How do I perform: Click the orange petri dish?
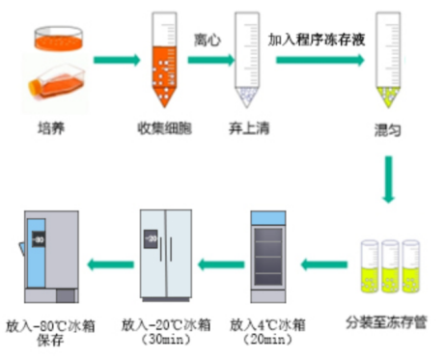pos(58,39)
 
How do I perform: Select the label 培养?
pos(51,128)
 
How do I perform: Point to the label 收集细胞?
pos(164,128)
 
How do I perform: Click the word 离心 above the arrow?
pos(208,41)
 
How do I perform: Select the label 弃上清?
pos(249,128)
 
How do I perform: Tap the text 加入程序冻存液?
pos(317,40)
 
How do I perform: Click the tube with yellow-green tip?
pos(388,60)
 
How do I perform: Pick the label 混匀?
pos(387,130)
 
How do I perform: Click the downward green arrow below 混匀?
pos(389,180)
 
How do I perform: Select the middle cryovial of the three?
pos(390,266)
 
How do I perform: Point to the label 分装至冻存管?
pos(386,322)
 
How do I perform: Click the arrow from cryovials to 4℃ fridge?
pos(324,264)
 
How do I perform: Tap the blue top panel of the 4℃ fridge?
pos(268,218)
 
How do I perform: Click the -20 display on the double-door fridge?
pos(151,239)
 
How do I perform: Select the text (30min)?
pos(166,340)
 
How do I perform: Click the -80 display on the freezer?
pos(39,239)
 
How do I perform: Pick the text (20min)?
pos(267,340)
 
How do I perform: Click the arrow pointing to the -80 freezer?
pos(110,264)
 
